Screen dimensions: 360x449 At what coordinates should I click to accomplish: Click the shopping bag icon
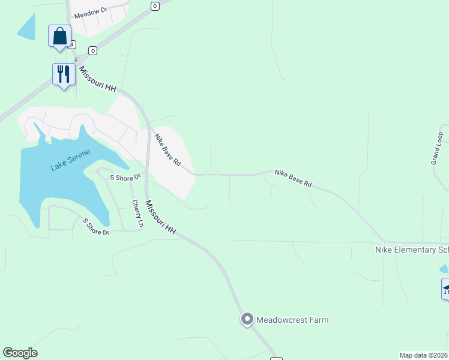coord(60,36)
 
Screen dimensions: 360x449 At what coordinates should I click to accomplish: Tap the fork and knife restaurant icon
coord(63,74)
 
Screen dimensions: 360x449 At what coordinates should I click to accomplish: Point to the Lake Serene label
coord(70,160)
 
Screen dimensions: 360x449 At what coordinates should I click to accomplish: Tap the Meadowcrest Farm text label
coord(292,320)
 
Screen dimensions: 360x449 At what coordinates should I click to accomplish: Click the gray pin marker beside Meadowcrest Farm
coord(247,320)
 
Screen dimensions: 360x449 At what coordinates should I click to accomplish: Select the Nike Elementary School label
coord(411,250)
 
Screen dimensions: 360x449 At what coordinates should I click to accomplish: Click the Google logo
coord(20,353)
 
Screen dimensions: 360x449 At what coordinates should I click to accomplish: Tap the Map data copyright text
coord(424,355)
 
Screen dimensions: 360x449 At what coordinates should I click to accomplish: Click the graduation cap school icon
coord(446,289)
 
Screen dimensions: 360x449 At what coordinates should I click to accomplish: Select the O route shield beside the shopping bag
coord(92,50)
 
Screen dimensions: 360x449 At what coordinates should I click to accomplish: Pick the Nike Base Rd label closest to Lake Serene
coord(167,150)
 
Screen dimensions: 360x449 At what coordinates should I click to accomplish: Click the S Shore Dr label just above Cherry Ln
coord(124,177)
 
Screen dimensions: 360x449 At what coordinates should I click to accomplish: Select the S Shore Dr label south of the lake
coord(96,227)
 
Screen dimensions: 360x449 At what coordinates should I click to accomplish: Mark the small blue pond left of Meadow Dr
coord(26,27)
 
